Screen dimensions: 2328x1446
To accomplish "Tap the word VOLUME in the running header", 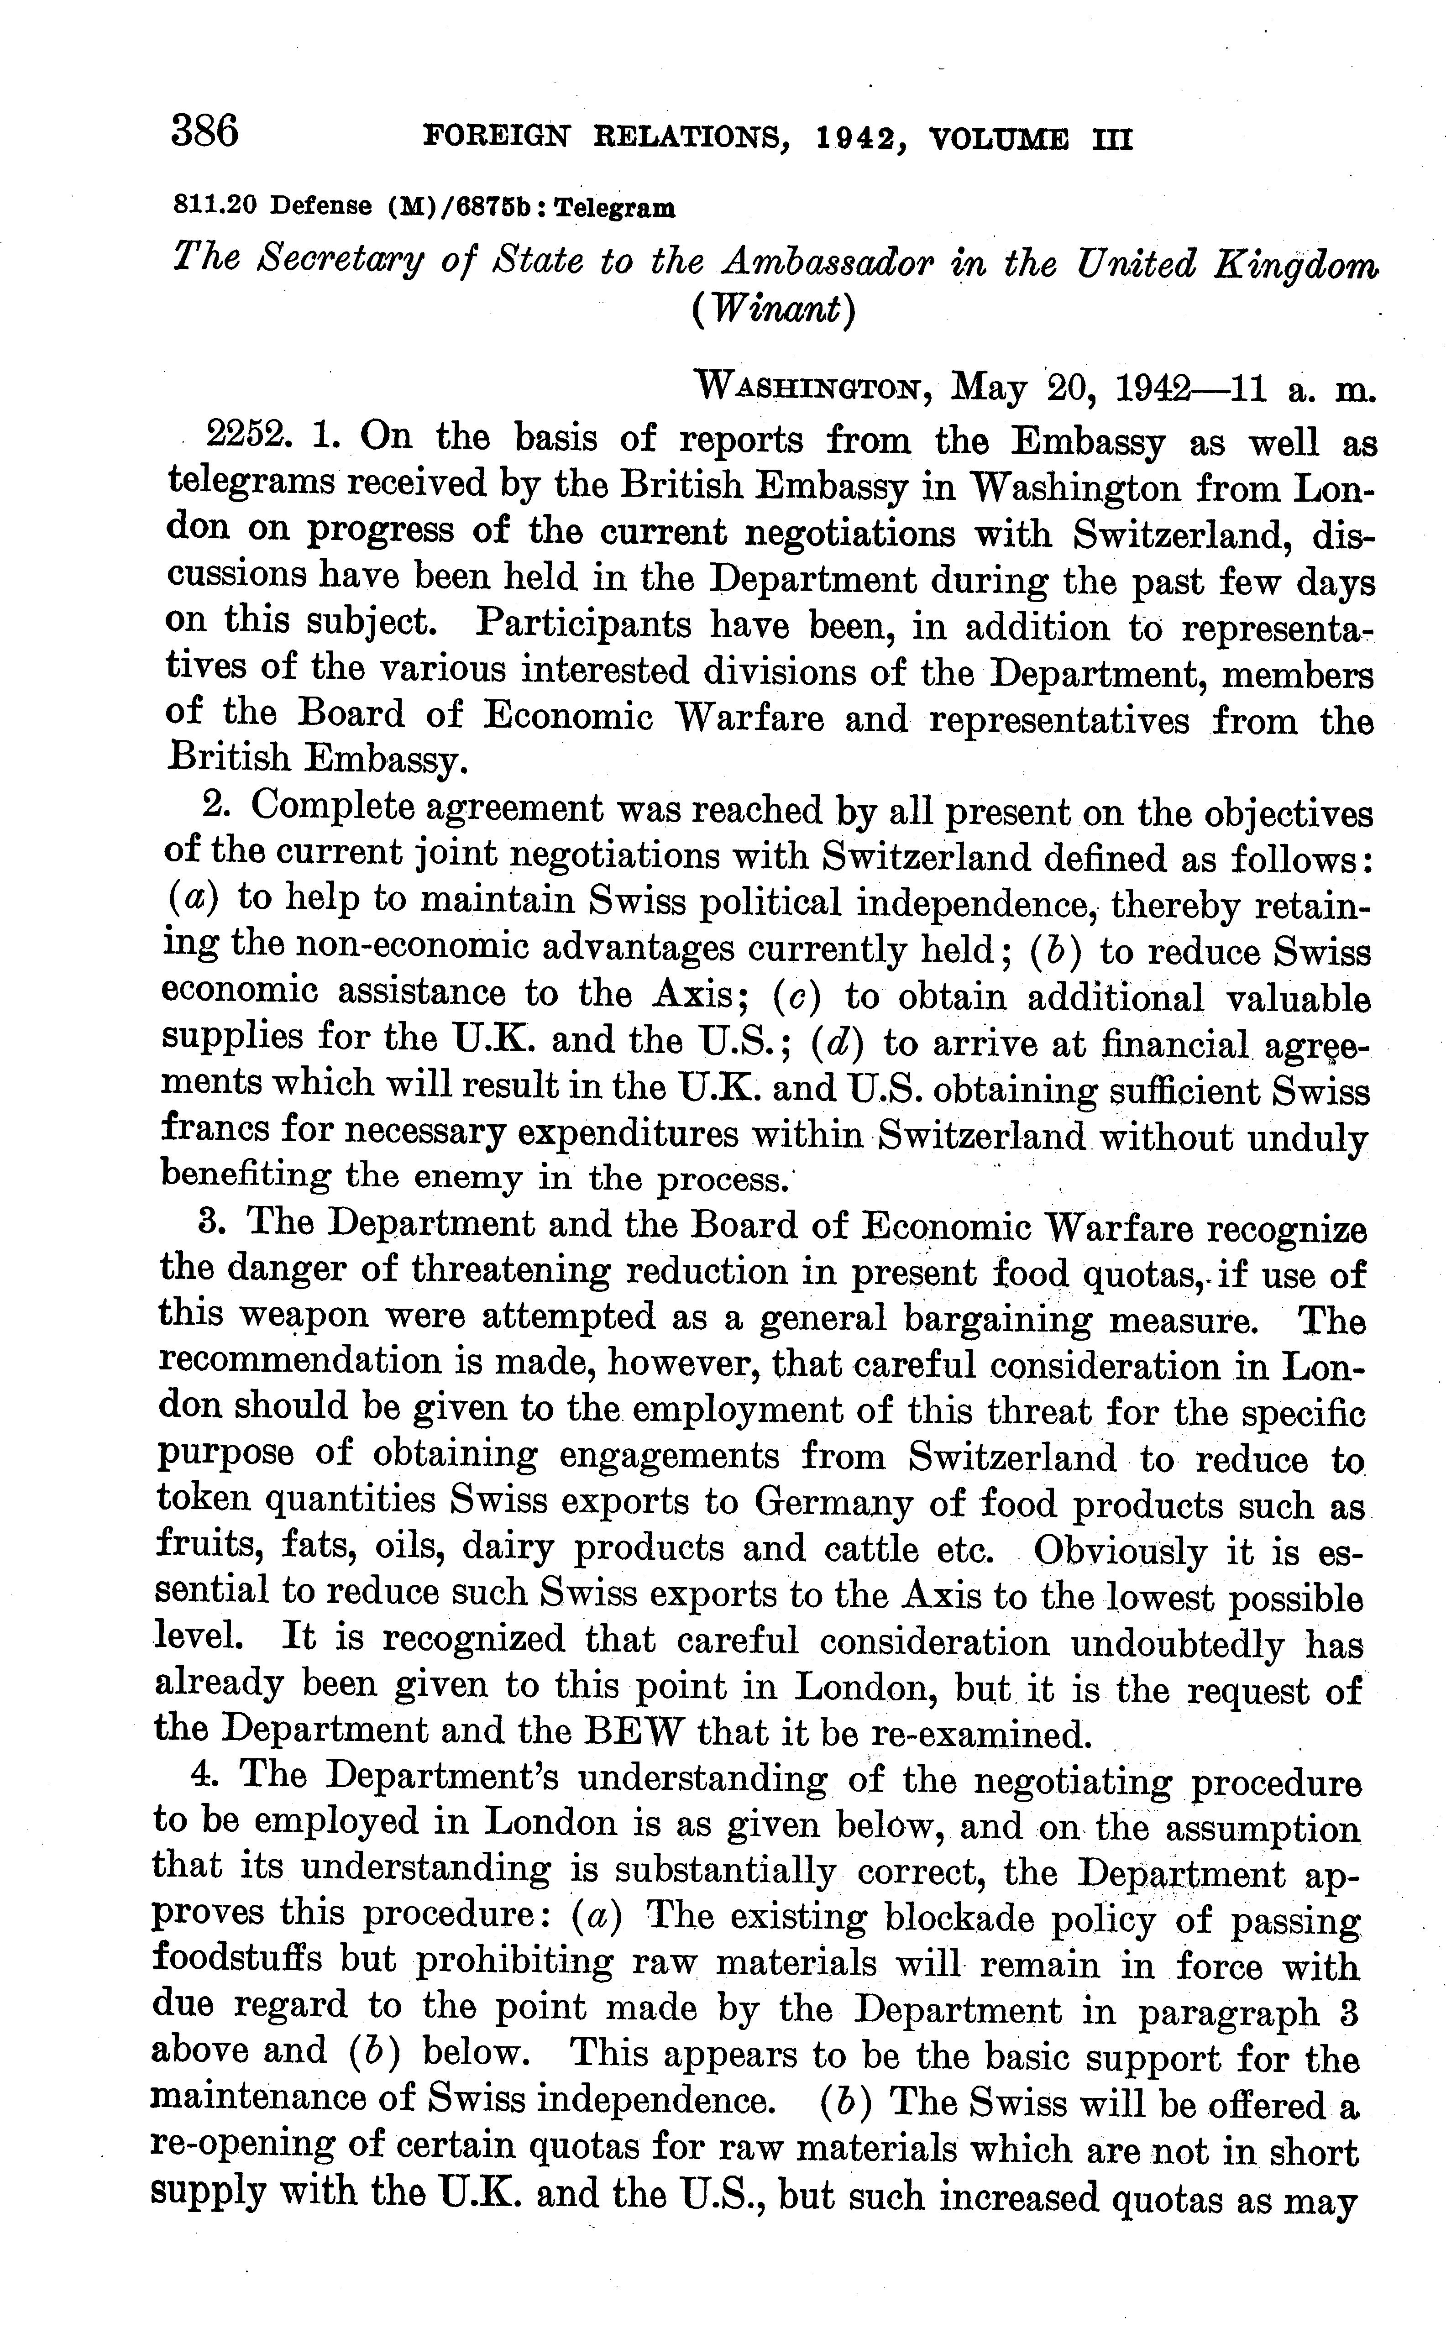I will point(998,141).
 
